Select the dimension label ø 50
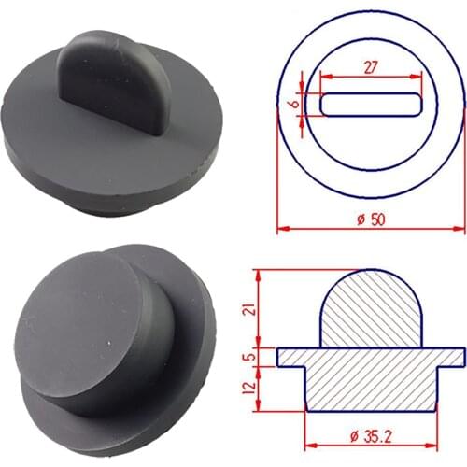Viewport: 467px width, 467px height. pyautogui.click(x=371, y=219)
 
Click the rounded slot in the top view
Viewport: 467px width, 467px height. pyautogui.click(x=371, y=104)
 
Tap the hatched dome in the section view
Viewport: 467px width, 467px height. pyautogui.click(x=372, y=313)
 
